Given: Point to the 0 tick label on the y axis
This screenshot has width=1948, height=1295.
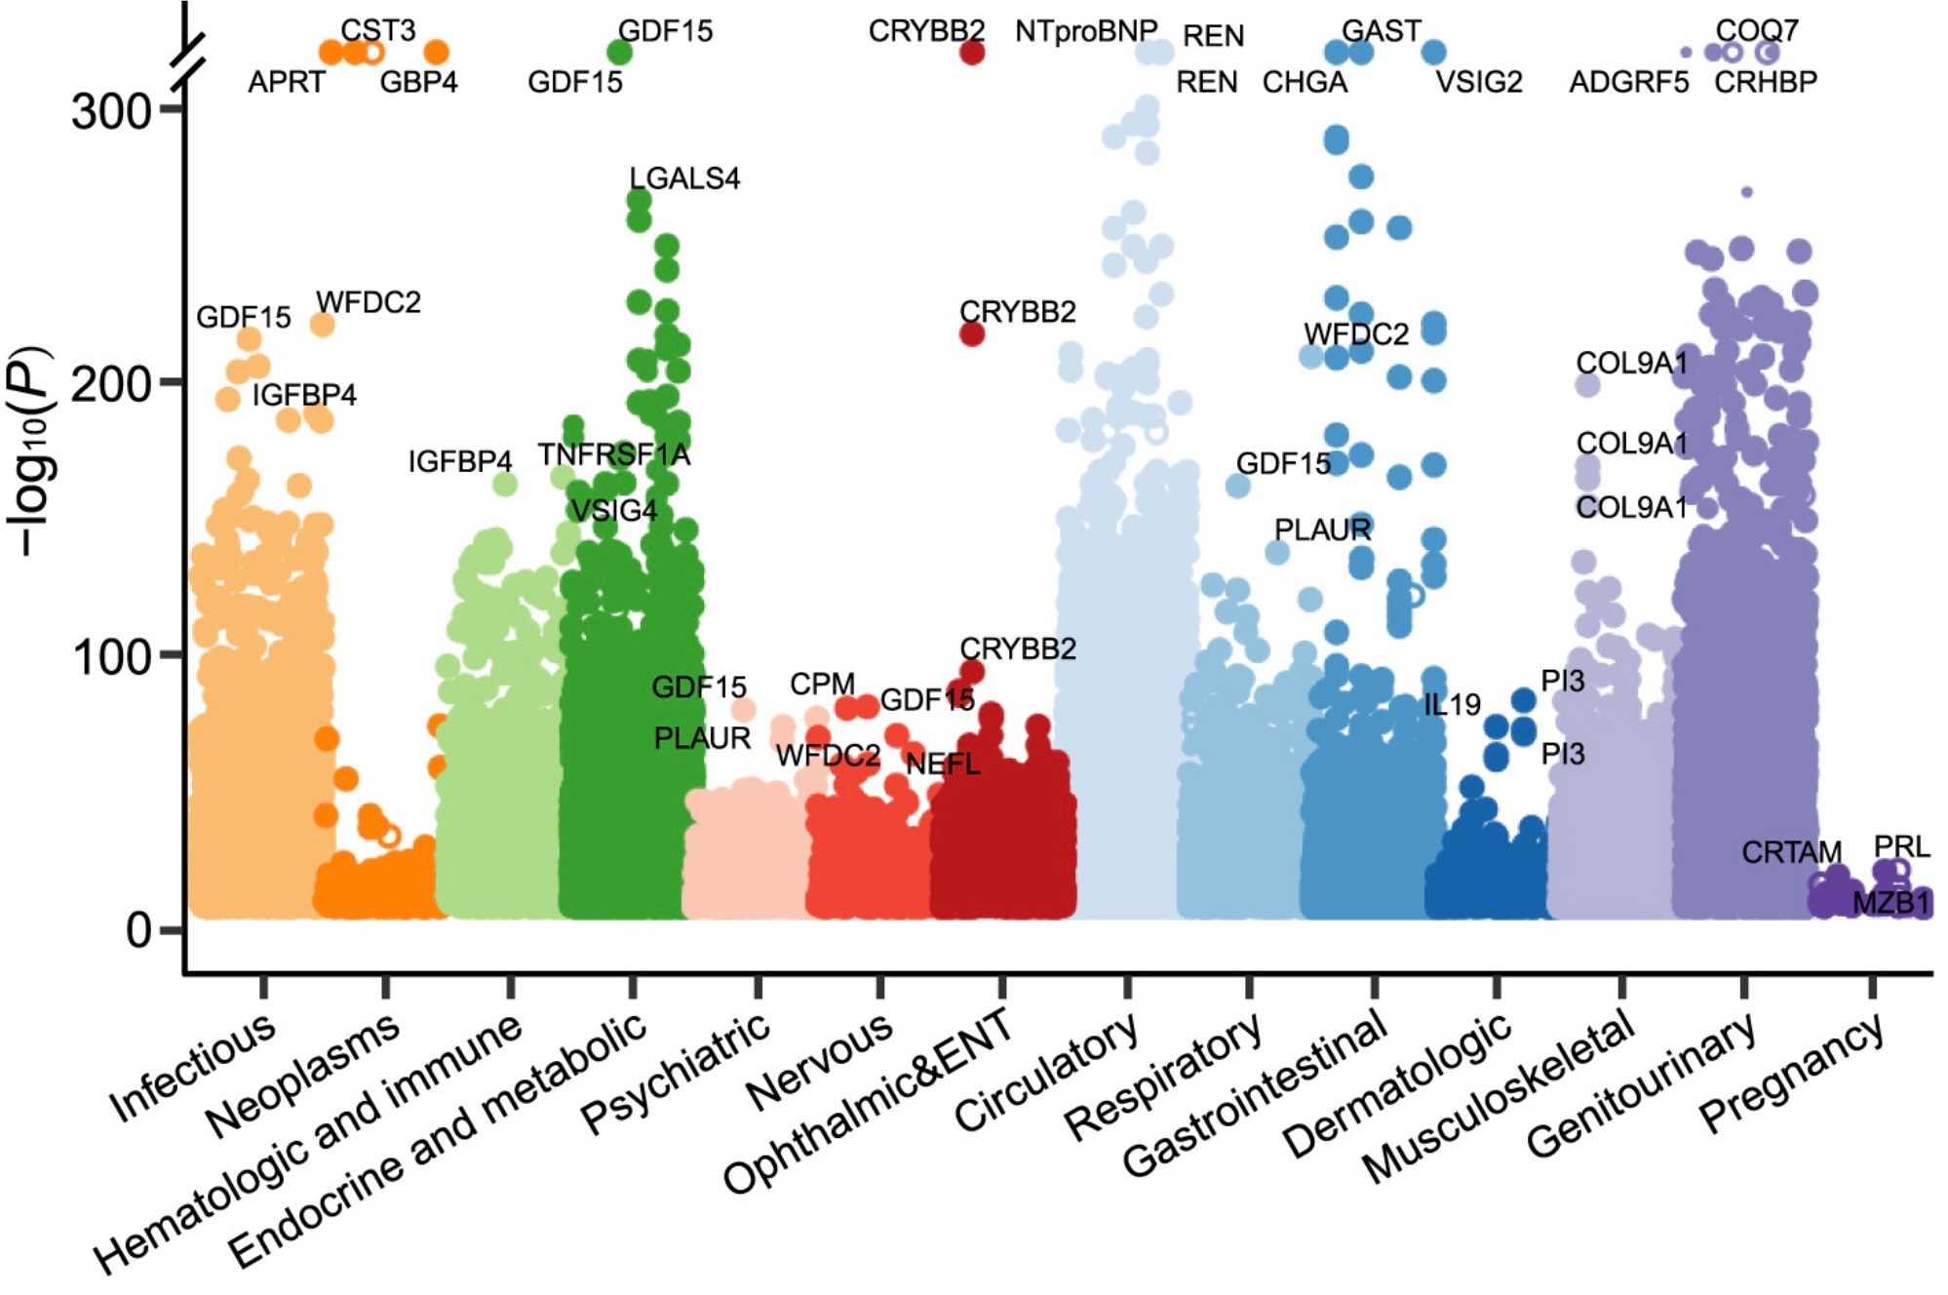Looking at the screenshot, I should point(138,930).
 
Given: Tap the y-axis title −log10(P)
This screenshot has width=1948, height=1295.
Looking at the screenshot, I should point(31,451).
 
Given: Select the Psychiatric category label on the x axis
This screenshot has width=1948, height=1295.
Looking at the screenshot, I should point(677,1073).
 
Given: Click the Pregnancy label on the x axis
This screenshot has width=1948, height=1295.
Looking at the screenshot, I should point(1792,1073).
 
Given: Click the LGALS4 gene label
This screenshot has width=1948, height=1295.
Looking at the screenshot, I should point(684,178).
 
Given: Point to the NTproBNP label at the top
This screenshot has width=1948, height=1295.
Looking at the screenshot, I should point(1085,31).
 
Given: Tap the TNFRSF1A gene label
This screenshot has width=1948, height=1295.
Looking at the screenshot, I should point(614,455).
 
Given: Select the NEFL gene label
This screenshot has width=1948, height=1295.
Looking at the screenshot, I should point(943,764).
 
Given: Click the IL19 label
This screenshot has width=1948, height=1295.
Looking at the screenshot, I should point(1452,704).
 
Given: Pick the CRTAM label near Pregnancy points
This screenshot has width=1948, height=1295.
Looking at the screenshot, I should point(1791,852).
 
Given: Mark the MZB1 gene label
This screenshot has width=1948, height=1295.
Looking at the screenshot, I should point(1890,903).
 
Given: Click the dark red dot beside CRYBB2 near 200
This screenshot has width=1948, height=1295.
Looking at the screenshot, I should point(972,334).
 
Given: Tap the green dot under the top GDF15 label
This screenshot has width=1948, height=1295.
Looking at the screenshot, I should point(619,53).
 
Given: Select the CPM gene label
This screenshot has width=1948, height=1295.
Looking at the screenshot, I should point(822,684).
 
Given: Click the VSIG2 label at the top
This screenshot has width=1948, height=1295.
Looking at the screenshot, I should point(1478,82).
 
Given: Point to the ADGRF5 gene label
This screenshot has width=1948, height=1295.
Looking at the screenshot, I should point(1628,82).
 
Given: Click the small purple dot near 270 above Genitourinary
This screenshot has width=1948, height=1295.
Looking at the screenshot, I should point(1746,192).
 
